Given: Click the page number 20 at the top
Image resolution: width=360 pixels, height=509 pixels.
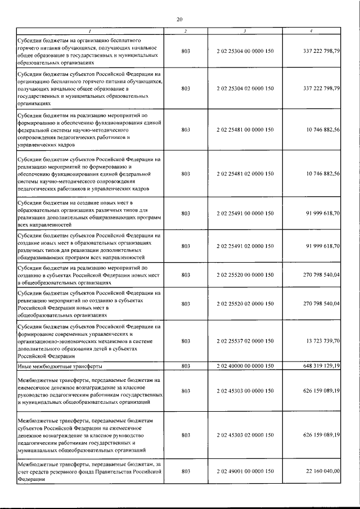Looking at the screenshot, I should pos(179,20).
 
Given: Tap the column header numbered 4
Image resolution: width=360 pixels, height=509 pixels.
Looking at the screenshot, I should pos(310,30).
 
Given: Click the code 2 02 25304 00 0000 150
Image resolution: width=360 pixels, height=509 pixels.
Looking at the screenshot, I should pos(245,52).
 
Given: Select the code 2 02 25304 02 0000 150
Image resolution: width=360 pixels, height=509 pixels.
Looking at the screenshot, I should pos(245,88).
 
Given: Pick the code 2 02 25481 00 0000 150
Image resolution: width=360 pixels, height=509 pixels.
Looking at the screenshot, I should pos(245,129).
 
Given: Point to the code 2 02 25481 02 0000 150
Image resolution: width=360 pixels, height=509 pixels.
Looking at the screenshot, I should pos(245,174).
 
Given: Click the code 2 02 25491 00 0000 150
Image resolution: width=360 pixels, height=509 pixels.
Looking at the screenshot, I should pos(245,214).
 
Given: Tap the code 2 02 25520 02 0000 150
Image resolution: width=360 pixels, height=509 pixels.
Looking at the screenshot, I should pos(245,303).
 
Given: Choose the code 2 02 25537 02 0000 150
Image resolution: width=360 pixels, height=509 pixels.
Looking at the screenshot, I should pos(245,341).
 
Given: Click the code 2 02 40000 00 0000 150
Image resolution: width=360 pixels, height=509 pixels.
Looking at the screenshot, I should pos(245,366).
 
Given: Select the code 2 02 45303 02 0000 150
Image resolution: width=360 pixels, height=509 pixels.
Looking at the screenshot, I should pos(245,435).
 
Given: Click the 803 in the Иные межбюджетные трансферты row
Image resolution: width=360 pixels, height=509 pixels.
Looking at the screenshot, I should pos(186,366).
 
